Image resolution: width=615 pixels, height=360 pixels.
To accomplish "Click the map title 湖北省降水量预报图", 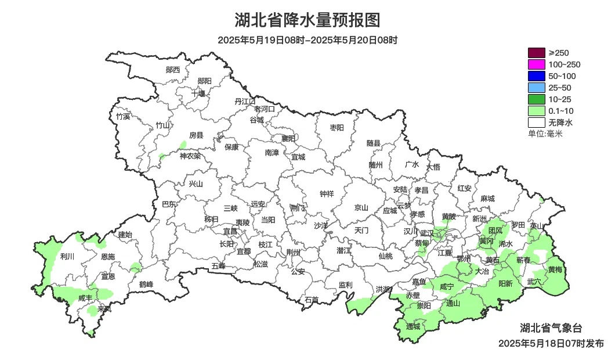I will (x=307, y=20).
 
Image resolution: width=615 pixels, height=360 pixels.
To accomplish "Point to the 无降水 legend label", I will (x=560, y=123).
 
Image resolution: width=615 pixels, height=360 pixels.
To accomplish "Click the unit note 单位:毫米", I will (x=545, y=134).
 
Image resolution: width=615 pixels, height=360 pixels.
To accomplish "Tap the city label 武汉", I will (x=426, y=232).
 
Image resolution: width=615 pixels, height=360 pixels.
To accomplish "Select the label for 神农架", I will (x=190, y=156).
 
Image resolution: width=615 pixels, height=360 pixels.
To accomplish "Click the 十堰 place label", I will (x=198, y=93).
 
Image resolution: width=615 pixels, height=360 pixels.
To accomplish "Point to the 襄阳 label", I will (x=288, y=138).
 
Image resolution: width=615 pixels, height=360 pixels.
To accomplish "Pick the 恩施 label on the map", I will (x=107, y=256).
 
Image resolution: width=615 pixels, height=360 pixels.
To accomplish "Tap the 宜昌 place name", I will (x=230, y=231).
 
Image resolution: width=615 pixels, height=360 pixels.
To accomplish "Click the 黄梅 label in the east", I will (x=555, y=269).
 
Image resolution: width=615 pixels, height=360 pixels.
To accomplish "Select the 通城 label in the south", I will (x=413, y=326).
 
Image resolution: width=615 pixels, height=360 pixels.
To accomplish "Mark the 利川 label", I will (x=67, y=255).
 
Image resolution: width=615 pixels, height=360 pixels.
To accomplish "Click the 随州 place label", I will (x=376, y=164).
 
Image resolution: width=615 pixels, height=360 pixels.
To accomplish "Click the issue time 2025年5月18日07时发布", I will (x=551, y=343).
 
